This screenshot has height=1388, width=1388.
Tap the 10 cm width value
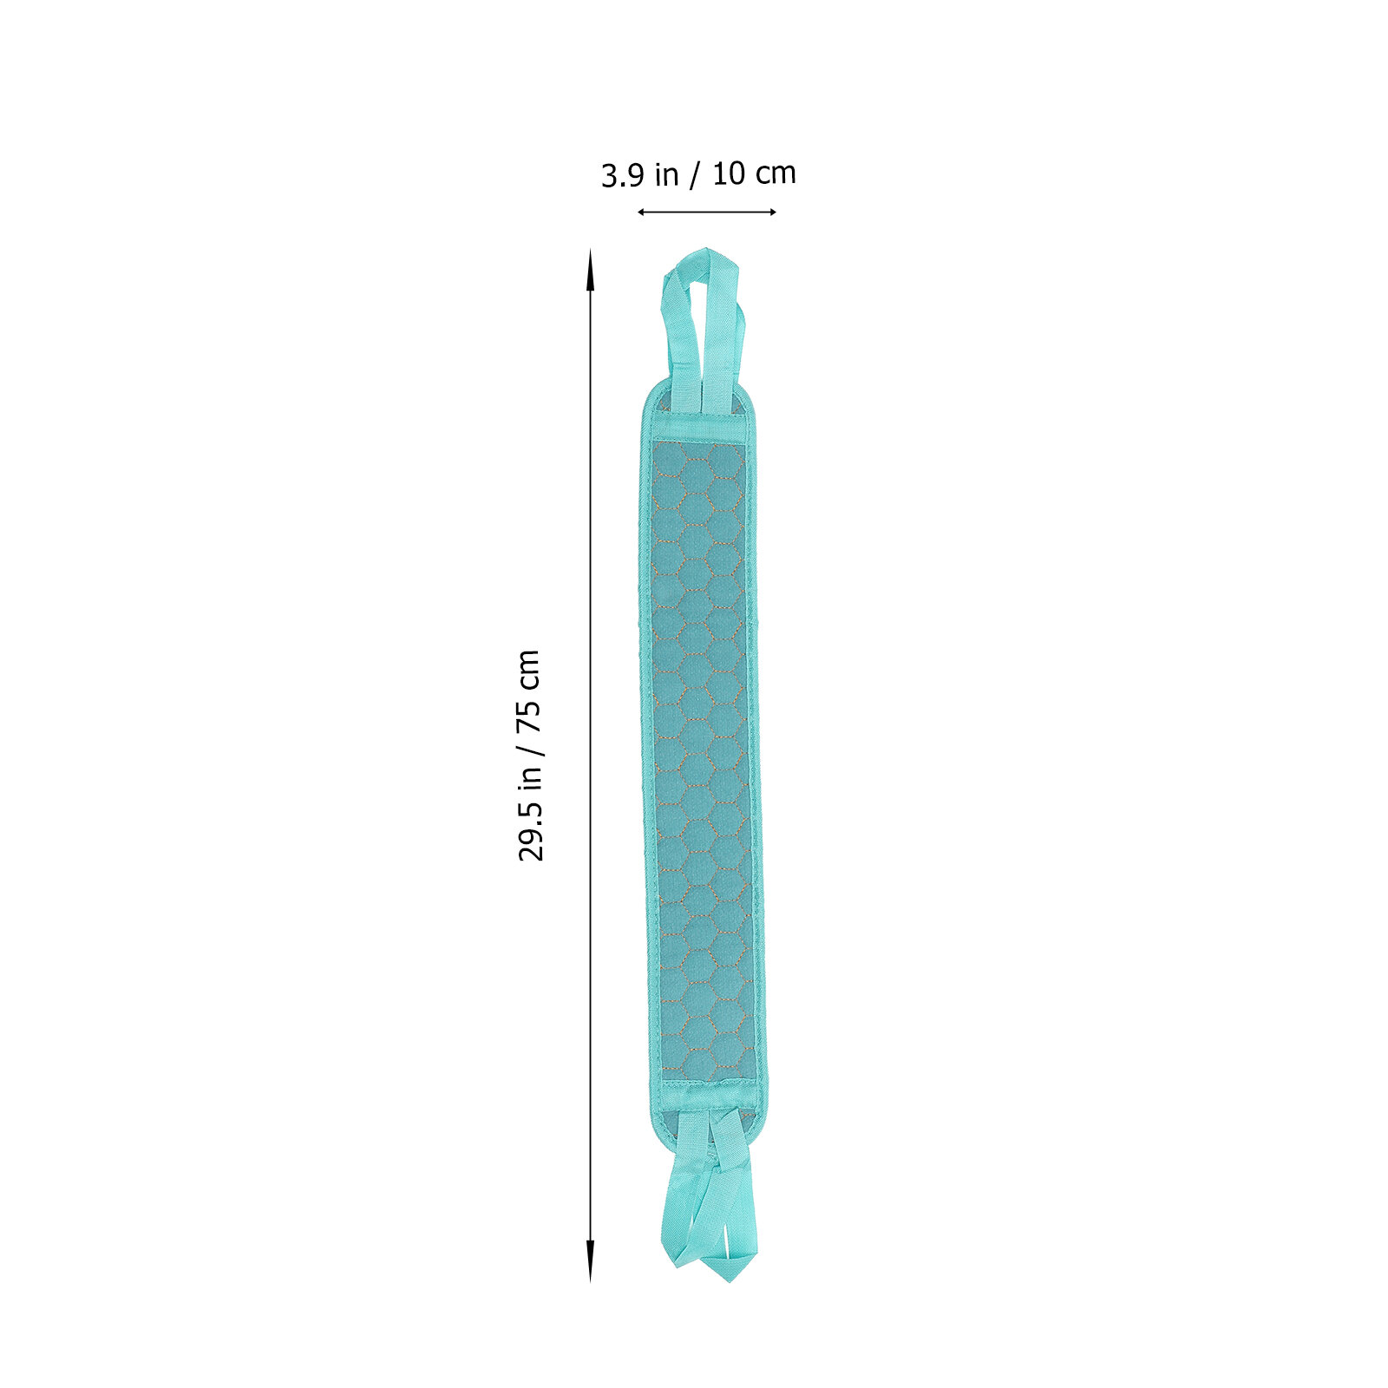pos(754,173)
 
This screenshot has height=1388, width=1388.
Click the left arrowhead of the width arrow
pos(643,212)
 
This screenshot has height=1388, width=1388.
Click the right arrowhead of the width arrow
pos(771,212)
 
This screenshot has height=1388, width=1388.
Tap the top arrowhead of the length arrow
pos(591,269)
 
